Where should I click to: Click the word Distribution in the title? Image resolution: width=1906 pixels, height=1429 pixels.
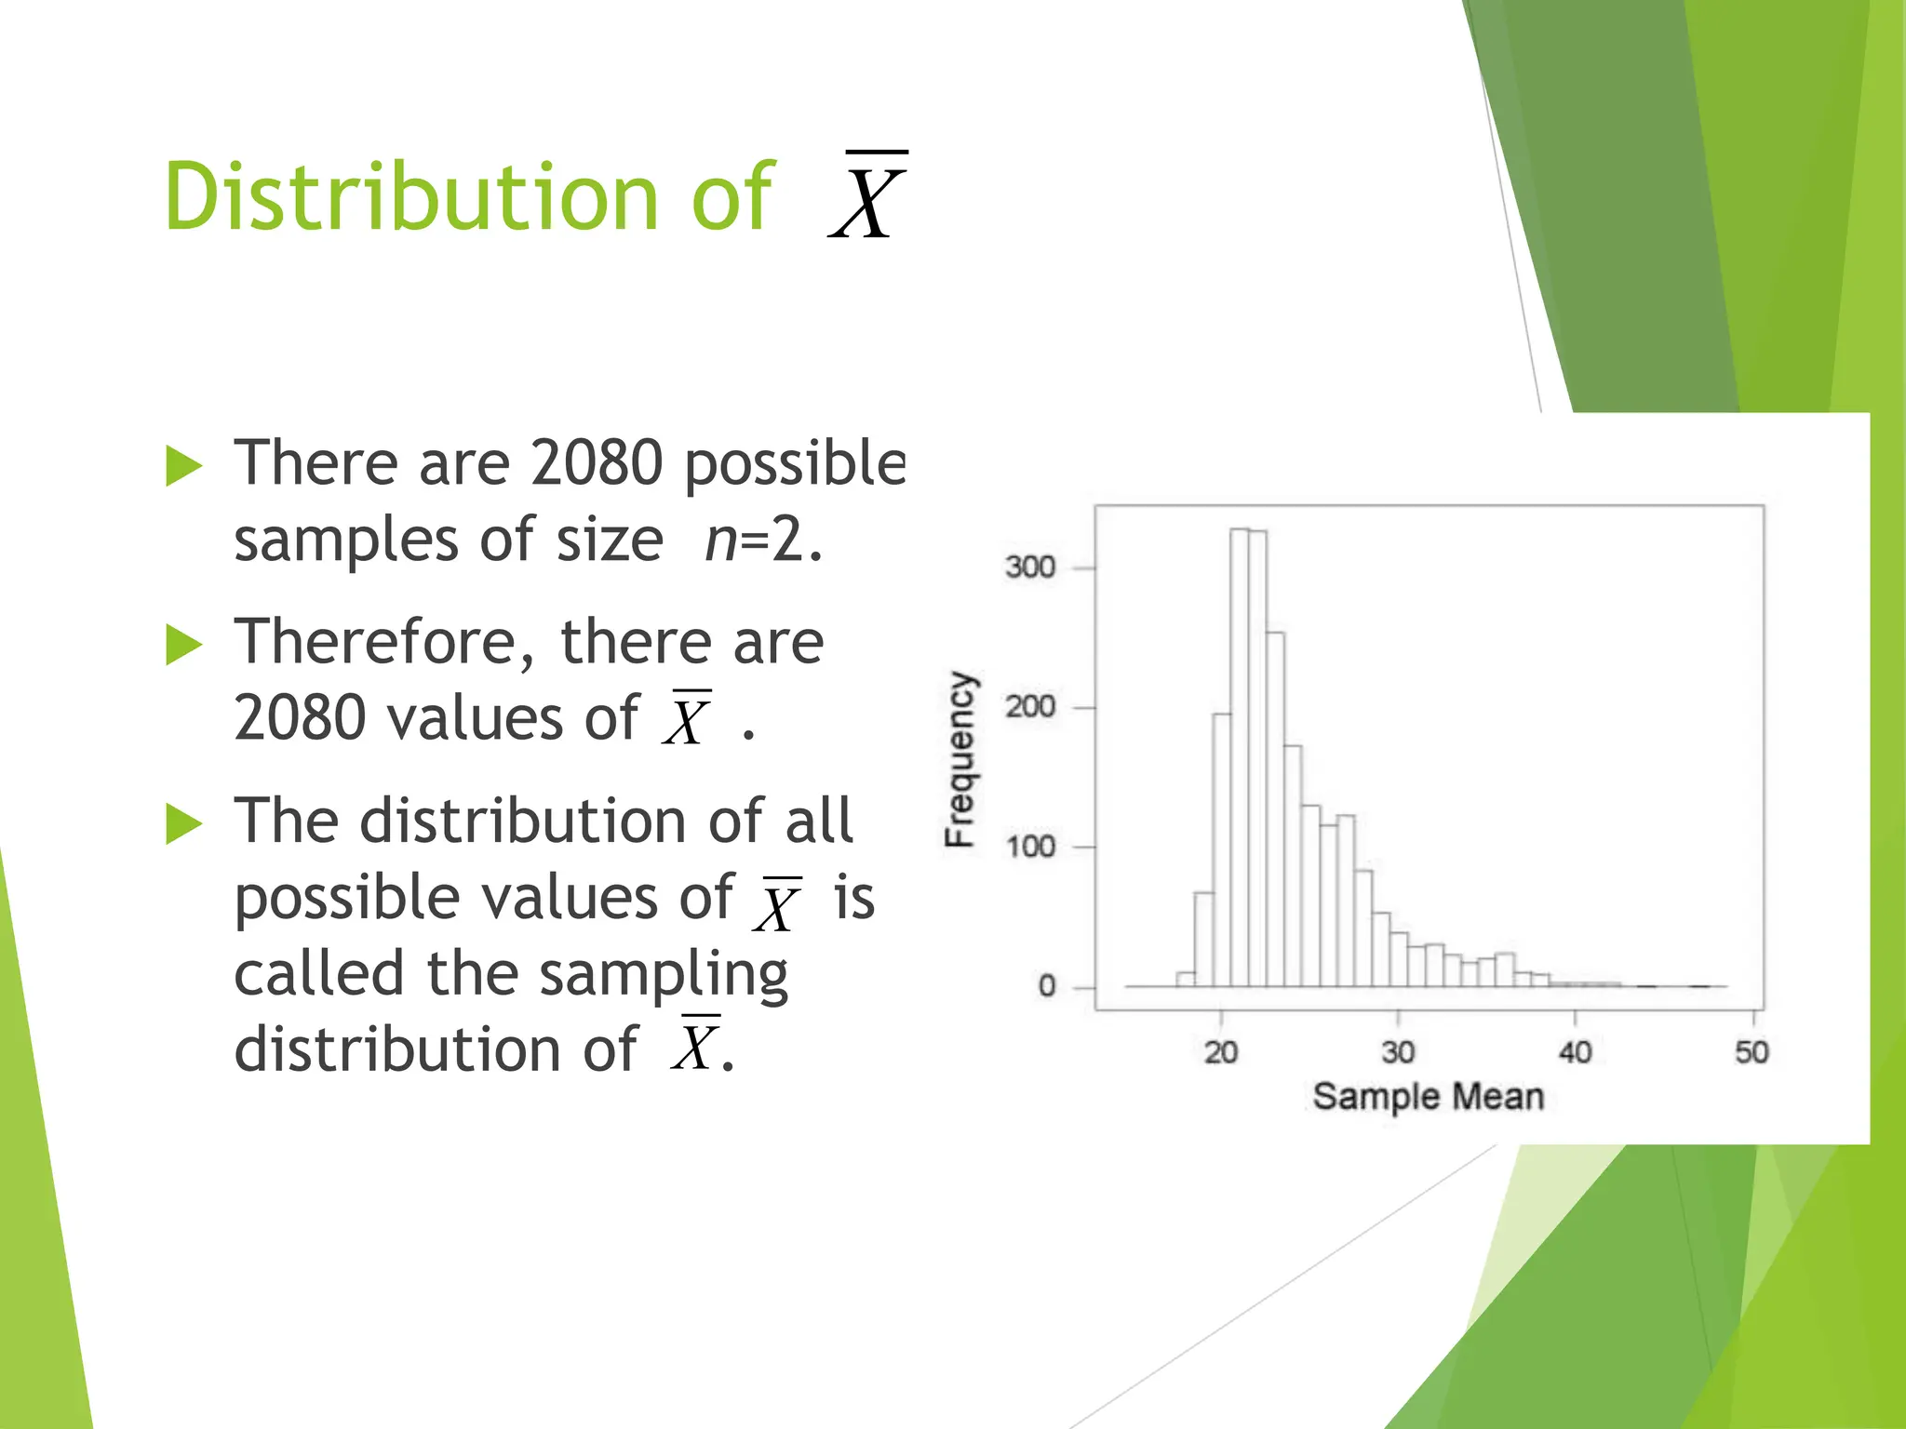[409, 197]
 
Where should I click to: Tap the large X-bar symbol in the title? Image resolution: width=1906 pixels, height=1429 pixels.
[867, 197]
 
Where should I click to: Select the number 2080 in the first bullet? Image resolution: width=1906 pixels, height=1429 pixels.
[596, 462]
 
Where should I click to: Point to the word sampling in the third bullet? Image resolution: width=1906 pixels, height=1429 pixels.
[663, 975]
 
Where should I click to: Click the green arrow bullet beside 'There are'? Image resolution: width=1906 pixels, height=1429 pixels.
[183, 465]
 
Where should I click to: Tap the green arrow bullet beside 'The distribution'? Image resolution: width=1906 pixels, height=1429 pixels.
[183, 823]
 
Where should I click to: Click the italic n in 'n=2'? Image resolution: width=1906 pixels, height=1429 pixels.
[719, 540]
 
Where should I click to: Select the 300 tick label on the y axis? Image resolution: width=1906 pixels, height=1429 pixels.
[1029, 568]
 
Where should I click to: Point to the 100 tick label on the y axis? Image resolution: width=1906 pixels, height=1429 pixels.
[1029, 848]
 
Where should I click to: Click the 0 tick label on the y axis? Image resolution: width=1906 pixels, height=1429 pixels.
[1047, 987]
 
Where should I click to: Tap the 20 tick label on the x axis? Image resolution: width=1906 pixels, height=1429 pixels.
[1221, 1053]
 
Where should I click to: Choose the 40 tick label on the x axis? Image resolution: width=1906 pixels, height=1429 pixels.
[1575, 1053]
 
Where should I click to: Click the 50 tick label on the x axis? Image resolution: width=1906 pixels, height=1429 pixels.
[1751, 1053]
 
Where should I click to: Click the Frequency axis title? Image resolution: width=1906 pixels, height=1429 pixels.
[960, 758]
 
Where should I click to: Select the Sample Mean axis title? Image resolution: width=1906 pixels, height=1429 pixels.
[1428, 1097]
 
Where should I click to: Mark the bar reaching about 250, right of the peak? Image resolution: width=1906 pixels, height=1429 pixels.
[1275, 809]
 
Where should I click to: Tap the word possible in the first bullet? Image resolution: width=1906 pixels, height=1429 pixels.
[794, 464]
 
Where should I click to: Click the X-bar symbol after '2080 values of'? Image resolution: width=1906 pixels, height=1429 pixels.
[687, 719]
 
